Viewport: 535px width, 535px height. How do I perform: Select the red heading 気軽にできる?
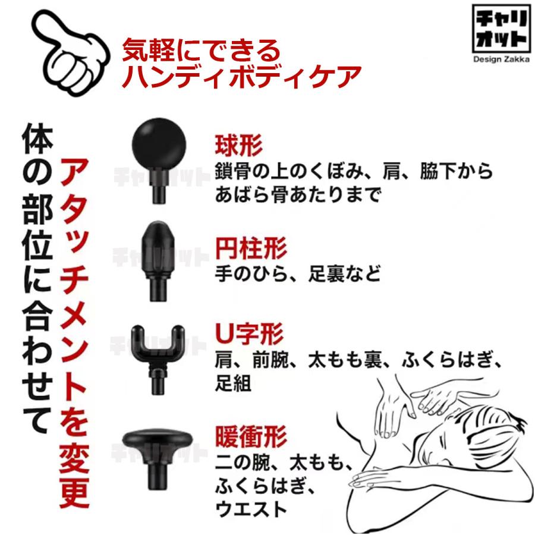click(200, 51)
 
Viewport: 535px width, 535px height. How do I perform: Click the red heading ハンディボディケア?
click(241, 77)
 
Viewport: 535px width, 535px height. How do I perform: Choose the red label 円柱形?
click(250, 248)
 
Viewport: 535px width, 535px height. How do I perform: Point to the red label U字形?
click(249, 335)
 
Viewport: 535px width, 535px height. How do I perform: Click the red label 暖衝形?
click(250, 437)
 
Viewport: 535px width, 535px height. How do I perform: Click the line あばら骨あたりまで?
click(297, 195)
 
